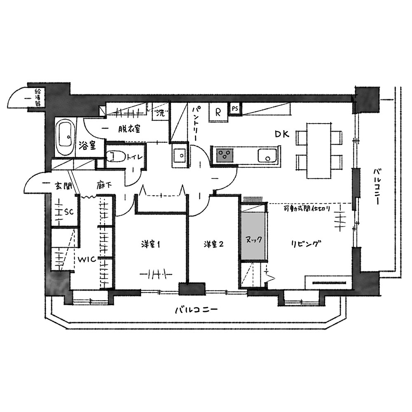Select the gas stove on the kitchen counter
click(225, 155)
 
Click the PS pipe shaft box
click(235, 109)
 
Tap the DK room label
click(282, 134)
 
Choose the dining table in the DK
click(319, 150)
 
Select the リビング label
click(306, 244)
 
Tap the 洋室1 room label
click(150, 244)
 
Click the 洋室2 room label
click(213, 244)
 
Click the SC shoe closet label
click(69, 212)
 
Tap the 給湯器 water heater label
click(37, 98)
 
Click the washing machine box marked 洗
click(160, 113)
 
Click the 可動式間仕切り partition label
click(307, 209)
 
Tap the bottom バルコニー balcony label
click(197, 309)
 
